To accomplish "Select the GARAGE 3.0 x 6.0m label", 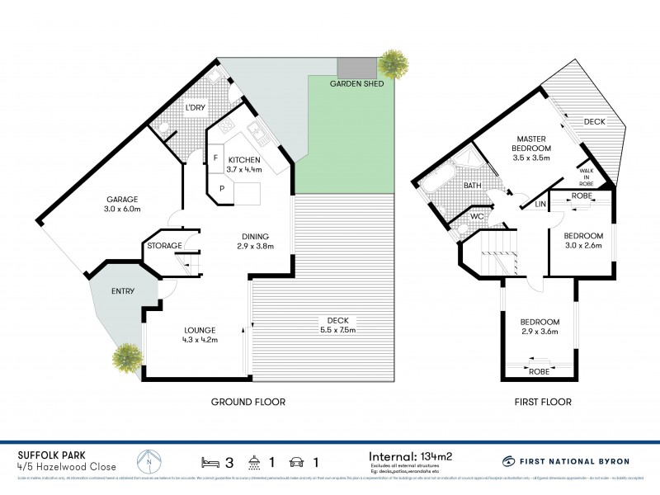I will (x=121, y=205).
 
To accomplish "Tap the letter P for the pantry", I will (x=222, y=188).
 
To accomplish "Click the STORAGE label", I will (x=165, y=246).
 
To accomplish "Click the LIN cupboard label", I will (x=540, y=203).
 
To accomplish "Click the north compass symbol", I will (x=148, y=460).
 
